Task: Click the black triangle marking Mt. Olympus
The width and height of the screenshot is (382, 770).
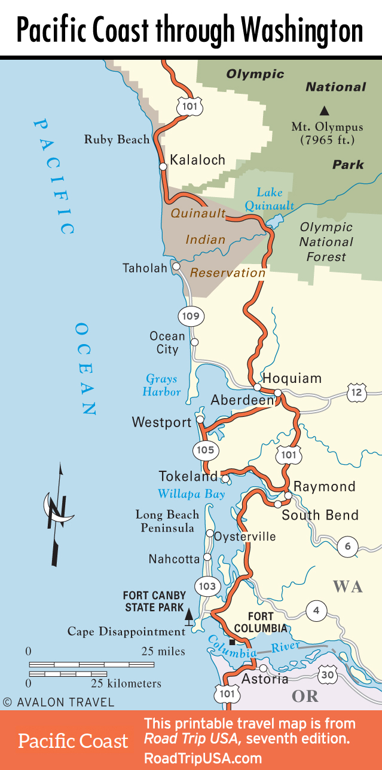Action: point(325,110)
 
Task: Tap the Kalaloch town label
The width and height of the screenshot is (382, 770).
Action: point(197,159)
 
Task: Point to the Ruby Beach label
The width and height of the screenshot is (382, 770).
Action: point(117,140)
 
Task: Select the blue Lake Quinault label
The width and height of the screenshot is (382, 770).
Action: point(275,199)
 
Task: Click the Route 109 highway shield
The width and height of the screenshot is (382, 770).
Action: point(191,315)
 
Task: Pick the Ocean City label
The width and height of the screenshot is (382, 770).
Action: point(167,342)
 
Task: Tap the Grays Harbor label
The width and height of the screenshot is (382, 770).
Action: point(161,385)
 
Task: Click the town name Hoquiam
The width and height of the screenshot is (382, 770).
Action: point(292,378)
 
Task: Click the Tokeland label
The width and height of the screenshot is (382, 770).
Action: point(188,477)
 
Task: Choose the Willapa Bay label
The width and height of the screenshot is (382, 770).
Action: point(191,494)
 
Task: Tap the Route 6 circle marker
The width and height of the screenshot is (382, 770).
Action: point(347,546)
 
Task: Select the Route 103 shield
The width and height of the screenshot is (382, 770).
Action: point(207,586)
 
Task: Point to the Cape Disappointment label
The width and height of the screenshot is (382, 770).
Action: point(126,631)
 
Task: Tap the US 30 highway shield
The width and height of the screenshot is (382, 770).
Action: point(327,674)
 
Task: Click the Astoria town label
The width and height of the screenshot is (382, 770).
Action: point(264,679)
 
